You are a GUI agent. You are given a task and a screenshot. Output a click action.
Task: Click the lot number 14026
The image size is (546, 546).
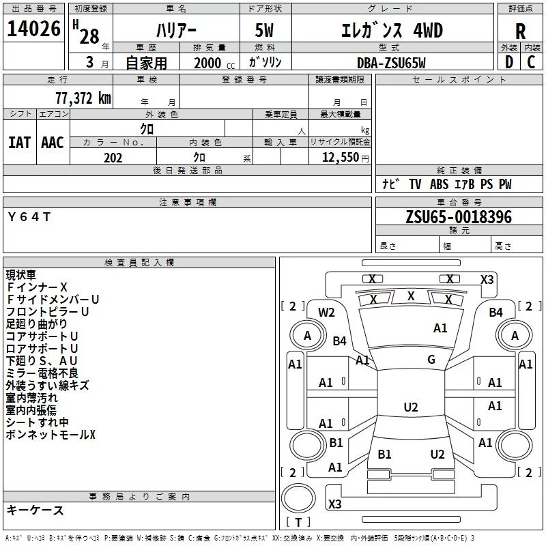point(33,29)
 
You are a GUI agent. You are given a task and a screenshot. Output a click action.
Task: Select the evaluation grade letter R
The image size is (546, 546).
point(520,31)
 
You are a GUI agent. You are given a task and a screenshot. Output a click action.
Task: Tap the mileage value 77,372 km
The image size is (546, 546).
point(83,98)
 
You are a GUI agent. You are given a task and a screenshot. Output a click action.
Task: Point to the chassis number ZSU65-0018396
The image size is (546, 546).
point(459,217)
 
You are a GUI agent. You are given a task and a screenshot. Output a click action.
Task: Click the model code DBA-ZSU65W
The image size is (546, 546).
point(391,63)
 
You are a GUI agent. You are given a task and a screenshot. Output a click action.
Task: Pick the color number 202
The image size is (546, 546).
point(113,158)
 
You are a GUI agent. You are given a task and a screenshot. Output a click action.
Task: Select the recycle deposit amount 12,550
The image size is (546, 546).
point(341,157)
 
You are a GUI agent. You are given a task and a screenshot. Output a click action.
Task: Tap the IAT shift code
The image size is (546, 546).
point(20,143)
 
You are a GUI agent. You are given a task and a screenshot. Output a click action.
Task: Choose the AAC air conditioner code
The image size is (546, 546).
point(53,143)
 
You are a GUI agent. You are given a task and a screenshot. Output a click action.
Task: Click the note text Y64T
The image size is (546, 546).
point(29,217)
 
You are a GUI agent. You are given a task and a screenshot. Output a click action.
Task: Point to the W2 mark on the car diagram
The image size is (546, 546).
point(326,313)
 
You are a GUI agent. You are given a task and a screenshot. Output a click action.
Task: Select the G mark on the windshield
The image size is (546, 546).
point(431,360)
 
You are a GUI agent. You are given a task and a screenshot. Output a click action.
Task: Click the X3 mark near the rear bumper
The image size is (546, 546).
point(334,504)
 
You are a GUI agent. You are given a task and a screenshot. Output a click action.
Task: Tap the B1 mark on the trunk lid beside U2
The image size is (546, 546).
point(384,454)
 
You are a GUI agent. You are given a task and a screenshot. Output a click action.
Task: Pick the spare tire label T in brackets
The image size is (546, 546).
point(298,522)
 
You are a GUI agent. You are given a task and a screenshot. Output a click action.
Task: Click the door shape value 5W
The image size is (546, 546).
point(264,31)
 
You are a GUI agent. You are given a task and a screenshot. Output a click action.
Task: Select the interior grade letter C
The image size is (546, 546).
point(531,62)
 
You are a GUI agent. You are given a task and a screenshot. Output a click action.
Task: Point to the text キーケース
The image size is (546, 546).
point(35,510)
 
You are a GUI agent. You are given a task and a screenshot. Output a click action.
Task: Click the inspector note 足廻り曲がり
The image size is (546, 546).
point(37,324)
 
